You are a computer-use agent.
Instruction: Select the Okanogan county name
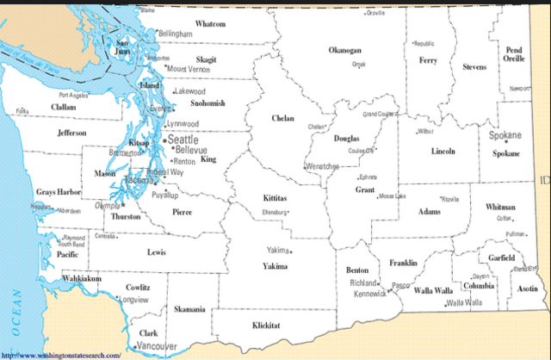point(344,51)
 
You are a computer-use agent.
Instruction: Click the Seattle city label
point(182,139)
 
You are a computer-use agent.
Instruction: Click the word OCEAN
point(15,311)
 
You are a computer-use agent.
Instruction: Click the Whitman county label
point(500,208)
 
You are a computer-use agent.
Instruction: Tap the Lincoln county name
point(443,152)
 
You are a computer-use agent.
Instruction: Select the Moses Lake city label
point(391,196)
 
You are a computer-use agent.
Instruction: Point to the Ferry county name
point(428,60)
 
